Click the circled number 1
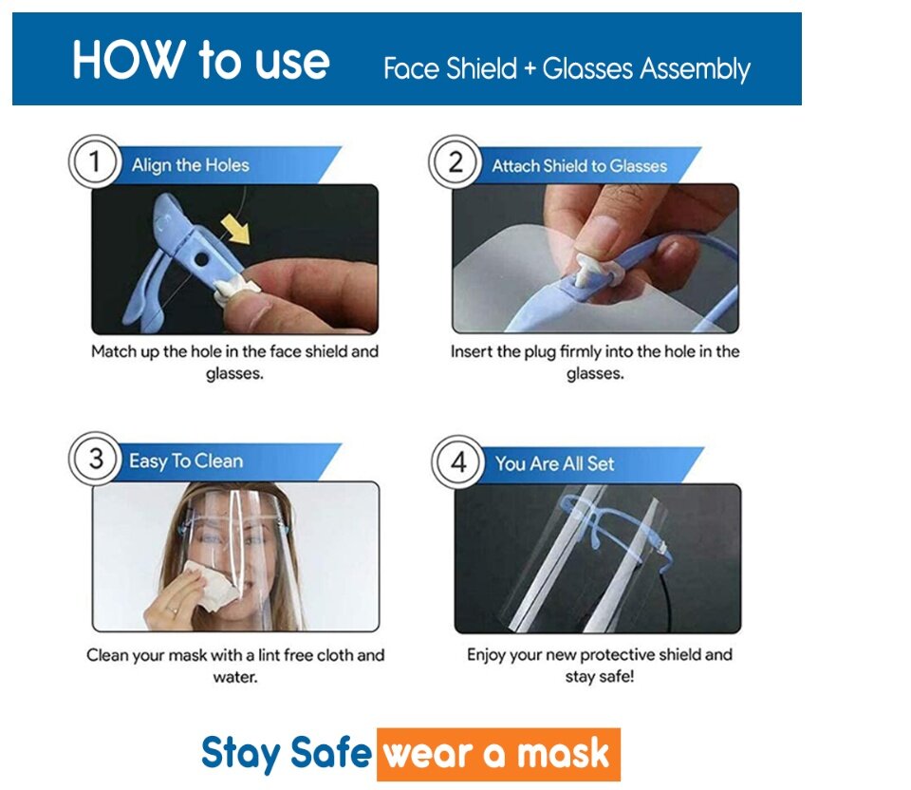(x=95, y=161)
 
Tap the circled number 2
(x=455, y=162)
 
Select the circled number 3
(x=95, y=459)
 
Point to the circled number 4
(x=458, y=462)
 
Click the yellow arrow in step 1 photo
(x=236, y=229)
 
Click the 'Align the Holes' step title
(x=190, y=165)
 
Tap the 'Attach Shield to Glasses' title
(x=579, y=166)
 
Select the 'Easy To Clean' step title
(x=186, y=461)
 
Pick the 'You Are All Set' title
(x=554, y=464)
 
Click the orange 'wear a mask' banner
(x=498, y=754)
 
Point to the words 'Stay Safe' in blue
(x=286, y=753)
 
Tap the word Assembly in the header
(x=695, y=69)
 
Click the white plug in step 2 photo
(x=589, y=270)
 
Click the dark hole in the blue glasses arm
(x=201, y=259)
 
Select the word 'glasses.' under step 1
(x=234, y=374)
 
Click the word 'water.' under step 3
(x=235, y=677)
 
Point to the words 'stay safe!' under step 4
(x=599, y=677)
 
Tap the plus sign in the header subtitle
(x=530, y=69)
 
